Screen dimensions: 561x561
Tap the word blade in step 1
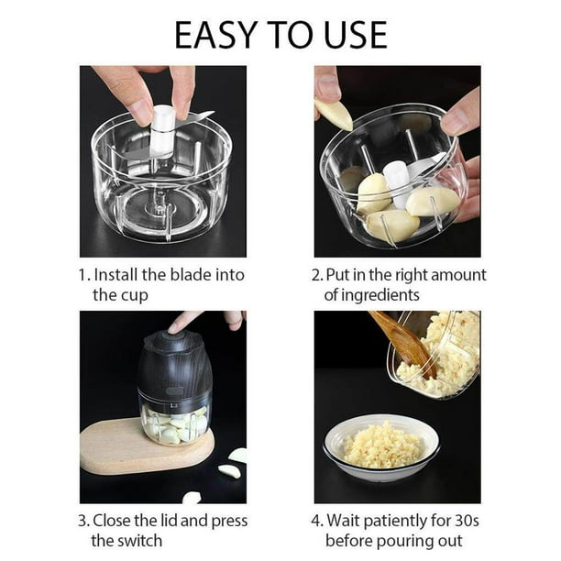click(x=196, y=275)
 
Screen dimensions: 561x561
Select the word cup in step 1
click(x=133, y=295)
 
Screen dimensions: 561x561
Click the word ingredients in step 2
click(x=372, y=295)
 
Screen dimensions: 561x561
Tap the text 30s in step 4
click(x=468, y=520)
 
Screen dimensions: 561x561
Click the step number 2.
click(x=318, y=275)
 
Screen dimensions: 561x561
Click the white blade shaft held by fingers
click(x=162, y=128)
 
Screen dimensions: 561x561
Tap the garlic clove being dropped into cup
click(x=333, y=113)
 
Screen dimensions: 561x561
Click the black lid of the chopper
click(x=174, y=363)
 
